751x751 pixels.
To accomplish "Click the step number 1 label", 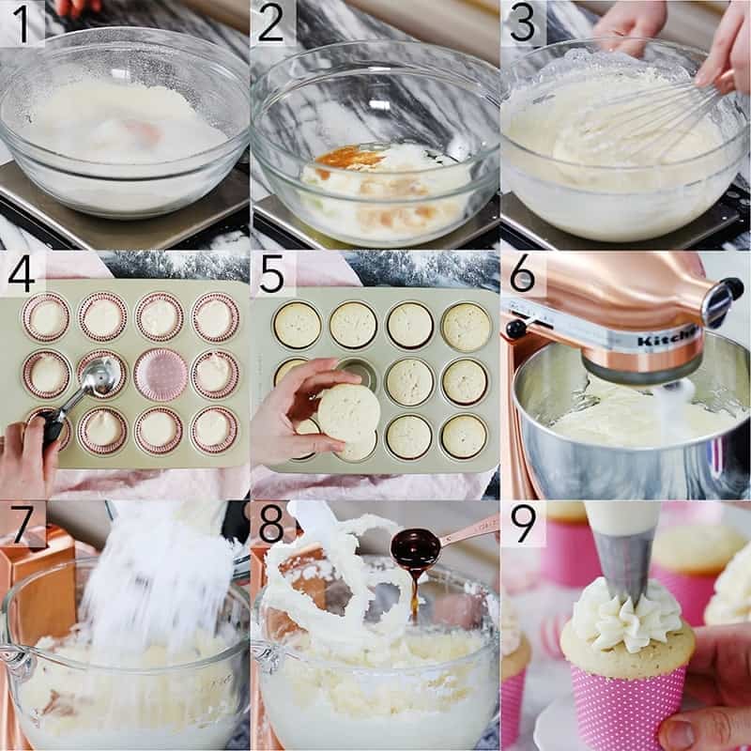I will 21,23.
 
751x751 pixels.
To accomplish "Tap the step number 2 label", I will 271,23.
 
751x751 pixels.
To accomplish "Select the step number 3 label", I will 521,23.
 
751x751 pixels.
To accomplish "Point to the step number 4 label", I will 21,273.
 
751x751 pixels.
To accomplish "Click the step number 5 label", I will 271,273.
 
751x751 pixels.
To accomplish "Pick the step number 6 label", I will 522,273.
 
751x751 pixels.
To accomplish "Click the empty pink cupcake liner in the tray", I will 160,374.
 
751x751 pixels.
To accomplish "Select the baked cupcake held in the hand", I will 348,413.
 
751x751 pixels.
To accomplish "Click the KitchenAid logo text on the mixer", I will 668,337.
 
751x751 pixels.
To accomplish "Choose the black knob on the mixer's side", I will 516,330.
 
